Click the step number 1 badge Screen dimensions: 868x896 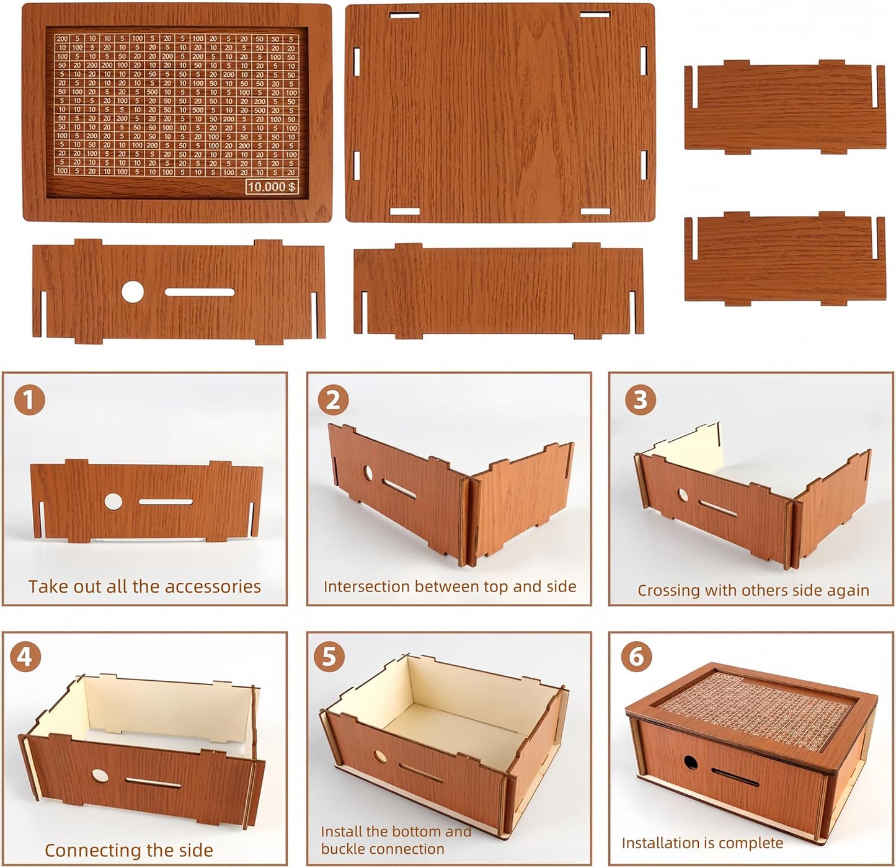pos(29,401)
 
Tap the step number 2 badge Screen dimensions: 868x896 pos(333,401)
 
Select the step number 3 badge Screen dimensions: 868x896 pos(640,401)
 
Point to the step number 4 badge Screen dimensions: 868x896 pos(25,657)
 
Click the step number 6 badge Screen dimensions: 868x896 pos(636,657)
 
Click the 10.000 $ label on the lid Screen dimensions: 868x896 pos(272,187)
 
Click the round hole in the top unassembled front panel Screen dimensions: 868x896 pos(132,291)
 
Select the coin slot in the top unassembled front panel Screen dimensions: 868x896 pos(200,291)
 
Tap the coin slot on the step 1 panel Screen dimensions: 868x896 pos(166,502)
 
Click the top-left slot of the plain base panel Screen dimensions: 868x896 pos(405,14)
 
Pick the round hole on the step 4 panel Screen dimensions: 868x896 pos(98,774)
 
